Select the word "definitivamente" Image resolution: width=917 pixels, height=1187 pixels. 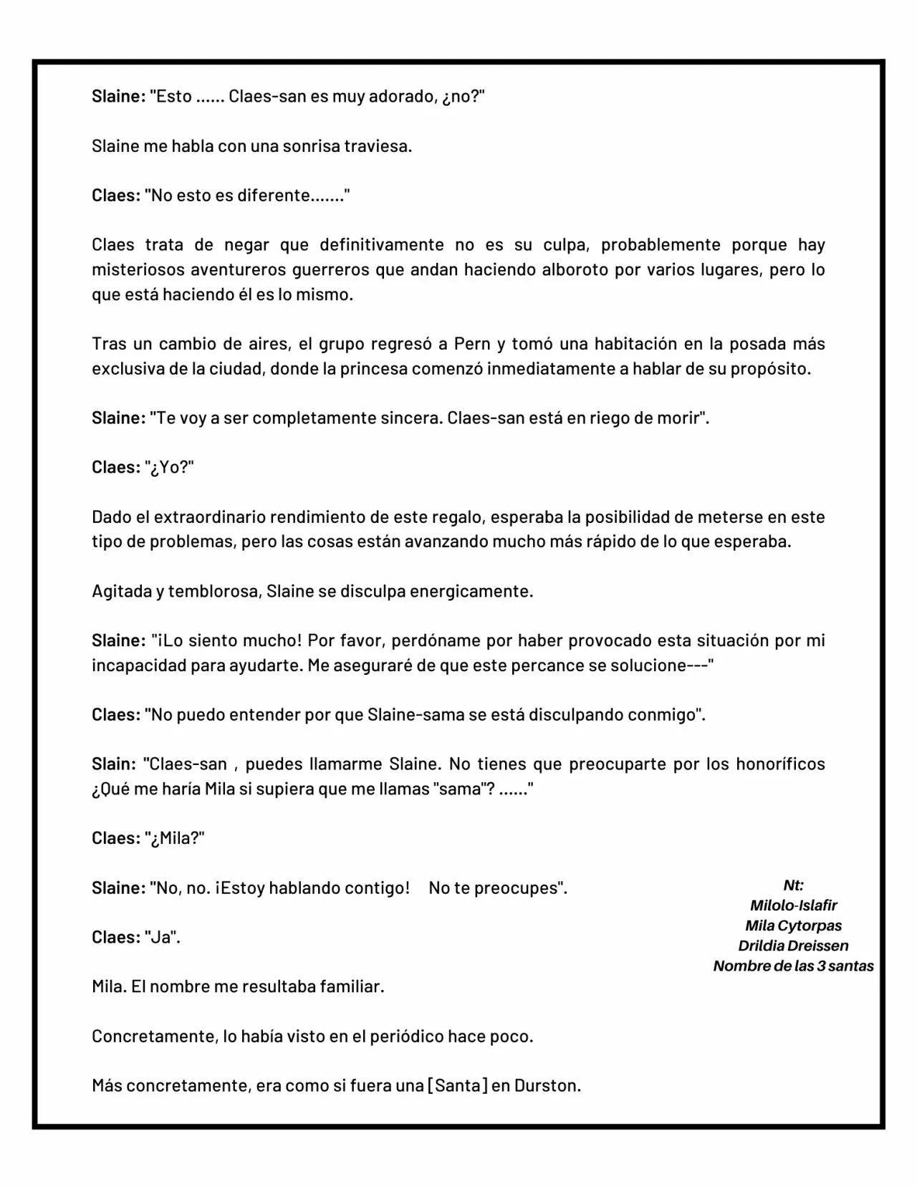click(382, 245)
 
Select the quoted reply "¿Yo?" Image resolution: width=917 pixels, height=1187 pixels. click(170, 468)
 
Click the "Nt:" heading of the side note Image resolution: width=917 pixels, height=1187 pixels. click(793, 885)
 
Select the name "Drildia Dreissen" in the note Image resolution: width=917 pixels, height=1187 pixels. click(793, 946)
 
